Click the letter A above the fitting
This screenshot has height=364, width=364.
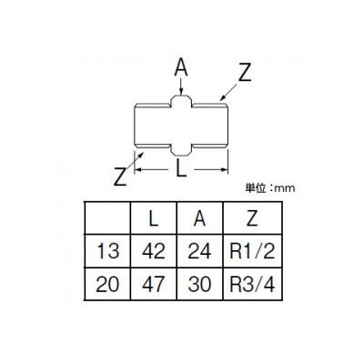181,67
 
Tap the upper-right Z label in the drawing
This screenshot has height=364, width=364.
245,72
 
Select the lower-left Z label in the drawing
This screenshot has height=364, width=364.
120,177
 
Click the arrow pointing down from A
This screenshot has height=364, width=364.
181,86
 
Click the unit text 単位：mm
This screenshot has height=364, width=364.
269,188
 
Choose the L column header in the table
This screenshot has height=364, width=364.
154,218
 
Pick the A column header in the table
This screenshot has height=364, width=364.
200,218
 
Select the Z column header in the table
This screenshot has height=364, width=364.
252,218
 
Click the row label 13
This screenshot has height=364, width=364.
107,251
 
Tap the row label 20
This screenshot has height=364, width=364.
107,284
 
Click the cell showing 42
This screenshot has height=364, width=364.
154,251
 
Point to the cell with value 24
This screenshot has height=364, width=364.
200,251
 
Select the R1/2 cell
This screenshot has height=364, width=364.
252,251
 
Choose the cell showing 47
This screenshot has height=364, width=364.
154,284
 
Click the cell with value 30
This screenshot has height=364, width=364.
200,284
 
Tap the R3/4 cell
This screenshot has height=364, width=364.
252,284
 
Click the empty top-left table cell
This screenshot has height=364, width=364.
107,218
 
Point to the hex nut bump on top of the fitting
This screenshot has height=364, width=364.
181,102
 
